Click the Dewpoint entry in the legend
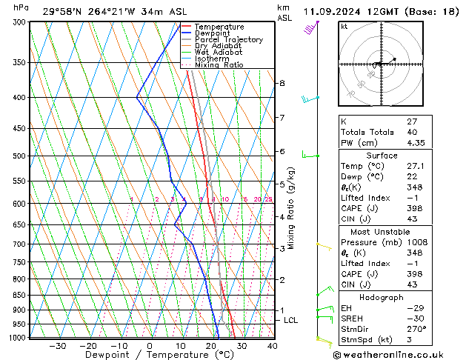click(x=211, y=33)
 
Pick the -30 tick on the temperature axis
click(x=57, y=345)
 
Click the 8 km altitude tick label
click(x=282, y=83)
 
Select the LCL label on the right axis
click(x=290, y=320)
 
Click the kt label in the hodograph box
click(x=344, y=26)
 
